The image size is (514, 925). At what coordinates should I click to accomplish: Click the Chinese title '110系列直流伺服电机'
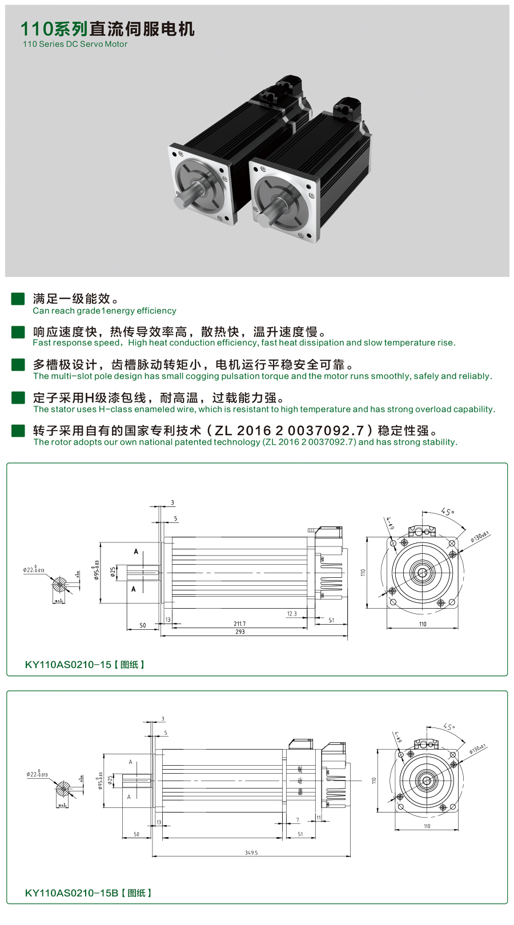pyautogui.click(x=107, y=29)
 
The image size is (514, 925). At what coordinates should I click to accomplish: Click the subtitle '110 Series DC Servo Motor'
pyautogui.click(x=75, y=44)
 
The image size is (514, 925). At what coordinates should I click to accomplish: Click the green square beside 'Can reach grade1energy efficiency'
pyautogui.click(x=18, y=299)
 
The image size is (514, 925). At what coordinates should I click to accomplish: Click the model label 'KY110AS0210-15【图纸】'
pyautogui.click(x=85, y=665)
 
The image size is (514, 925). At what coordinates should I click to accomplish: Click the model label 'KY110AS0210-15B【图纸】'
pyautogui.click(x=89, y=893)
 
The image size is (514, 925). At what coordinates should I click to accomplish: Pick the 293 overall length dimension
pyautogui.click(x=240, y=632)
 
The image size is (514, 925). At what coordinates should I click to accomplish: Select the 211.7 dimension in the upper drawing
pyautogui.click(x=240, y=624)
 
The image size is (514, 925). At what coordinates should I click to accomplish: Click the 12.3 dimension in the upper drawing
pyautogui.click(x=292, y=614)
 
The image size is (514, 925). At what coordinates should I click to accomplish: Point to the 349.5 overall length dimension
pyautogui.click(x=251, y=852)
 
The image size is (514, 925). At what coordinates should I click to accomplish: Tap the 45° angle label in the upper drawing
pyautogui.click(x=448, y=512)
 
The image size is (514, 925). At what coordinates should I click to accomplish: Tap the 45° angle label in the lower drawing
pyautogui.click(x=449, y=727)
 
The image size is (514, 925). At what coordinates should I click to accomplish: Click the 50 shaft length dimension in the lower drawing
pyautogui.click(x=136, y=834)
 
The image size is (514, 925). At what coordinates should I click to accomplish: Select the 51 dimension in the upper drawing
pyautogui.click(x=331, y=620)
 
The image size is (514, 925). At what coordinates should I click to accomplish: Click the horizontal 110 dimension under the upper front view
pyautogui.click(x=423, y=624)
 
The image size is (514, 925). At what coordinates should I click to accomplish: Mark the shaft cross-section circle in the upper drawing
pyautogui.click(x=59, y=585)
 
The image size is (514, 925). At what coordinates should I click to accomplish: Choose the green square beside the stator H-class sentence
pyautogui.click(x=18, y=397)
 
